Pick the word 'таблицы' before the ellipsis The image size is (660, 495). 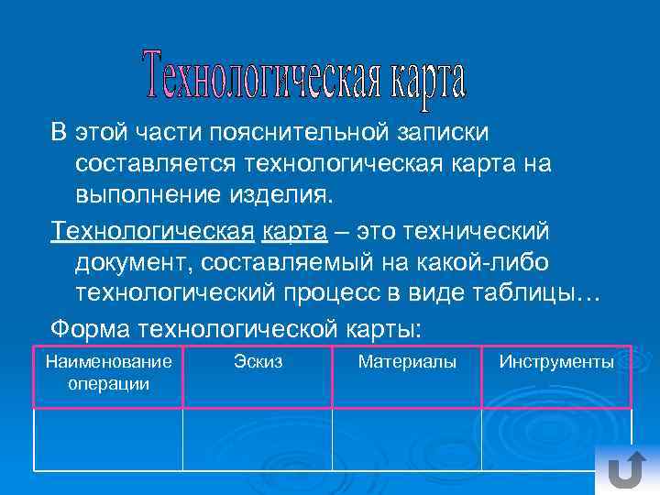click(x=536, y=294)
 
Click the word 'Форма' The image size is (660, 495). click(x=91, y=327)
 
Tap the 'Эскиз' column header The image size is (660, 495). click(x=258, y=363)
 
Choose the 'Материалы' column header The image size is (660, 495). click(x=407, y=363)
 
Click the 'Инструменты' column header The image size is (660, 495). click(x=556, y=363)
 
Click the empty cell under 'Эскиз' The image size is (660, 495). click(x=258, y=438)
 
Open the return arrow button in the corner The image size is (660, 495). click(x=626, y=470)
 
